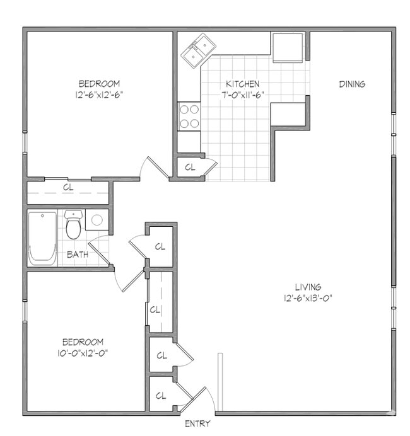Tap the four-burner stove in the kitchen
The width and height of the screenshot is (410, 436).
point(189,116)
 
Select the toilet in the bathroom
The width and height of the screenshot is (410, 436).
point(73,225)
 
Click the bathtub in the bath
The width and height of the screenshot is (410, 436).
point(42,238)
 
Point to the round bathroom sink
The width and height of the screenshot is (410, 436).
point(97,221)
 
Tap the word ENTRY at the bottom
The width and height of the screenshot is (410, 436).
point(197,424)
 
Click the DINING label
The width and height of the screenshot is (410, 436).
point(352,84)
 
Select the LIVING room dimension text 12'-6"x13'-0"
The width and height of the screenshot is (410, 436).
point(307,297)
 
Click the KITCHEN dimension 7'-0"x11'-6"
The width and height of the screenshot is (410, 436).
point(243,95)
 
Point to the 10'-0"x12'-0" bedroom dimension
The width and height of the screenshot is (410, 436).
point(81,353)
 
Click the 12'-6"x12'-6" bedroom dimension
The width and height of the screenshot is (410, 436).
point(99,95)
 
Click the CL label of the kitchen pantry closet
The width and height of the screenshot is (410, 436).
point(190,168)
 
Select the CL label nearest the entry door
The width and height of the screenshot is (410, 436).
point(161,395)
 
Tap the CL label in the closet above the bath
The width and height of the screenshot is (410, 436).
point(68,187)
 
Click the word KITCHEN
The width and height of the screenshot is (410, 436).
point(243,84)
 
